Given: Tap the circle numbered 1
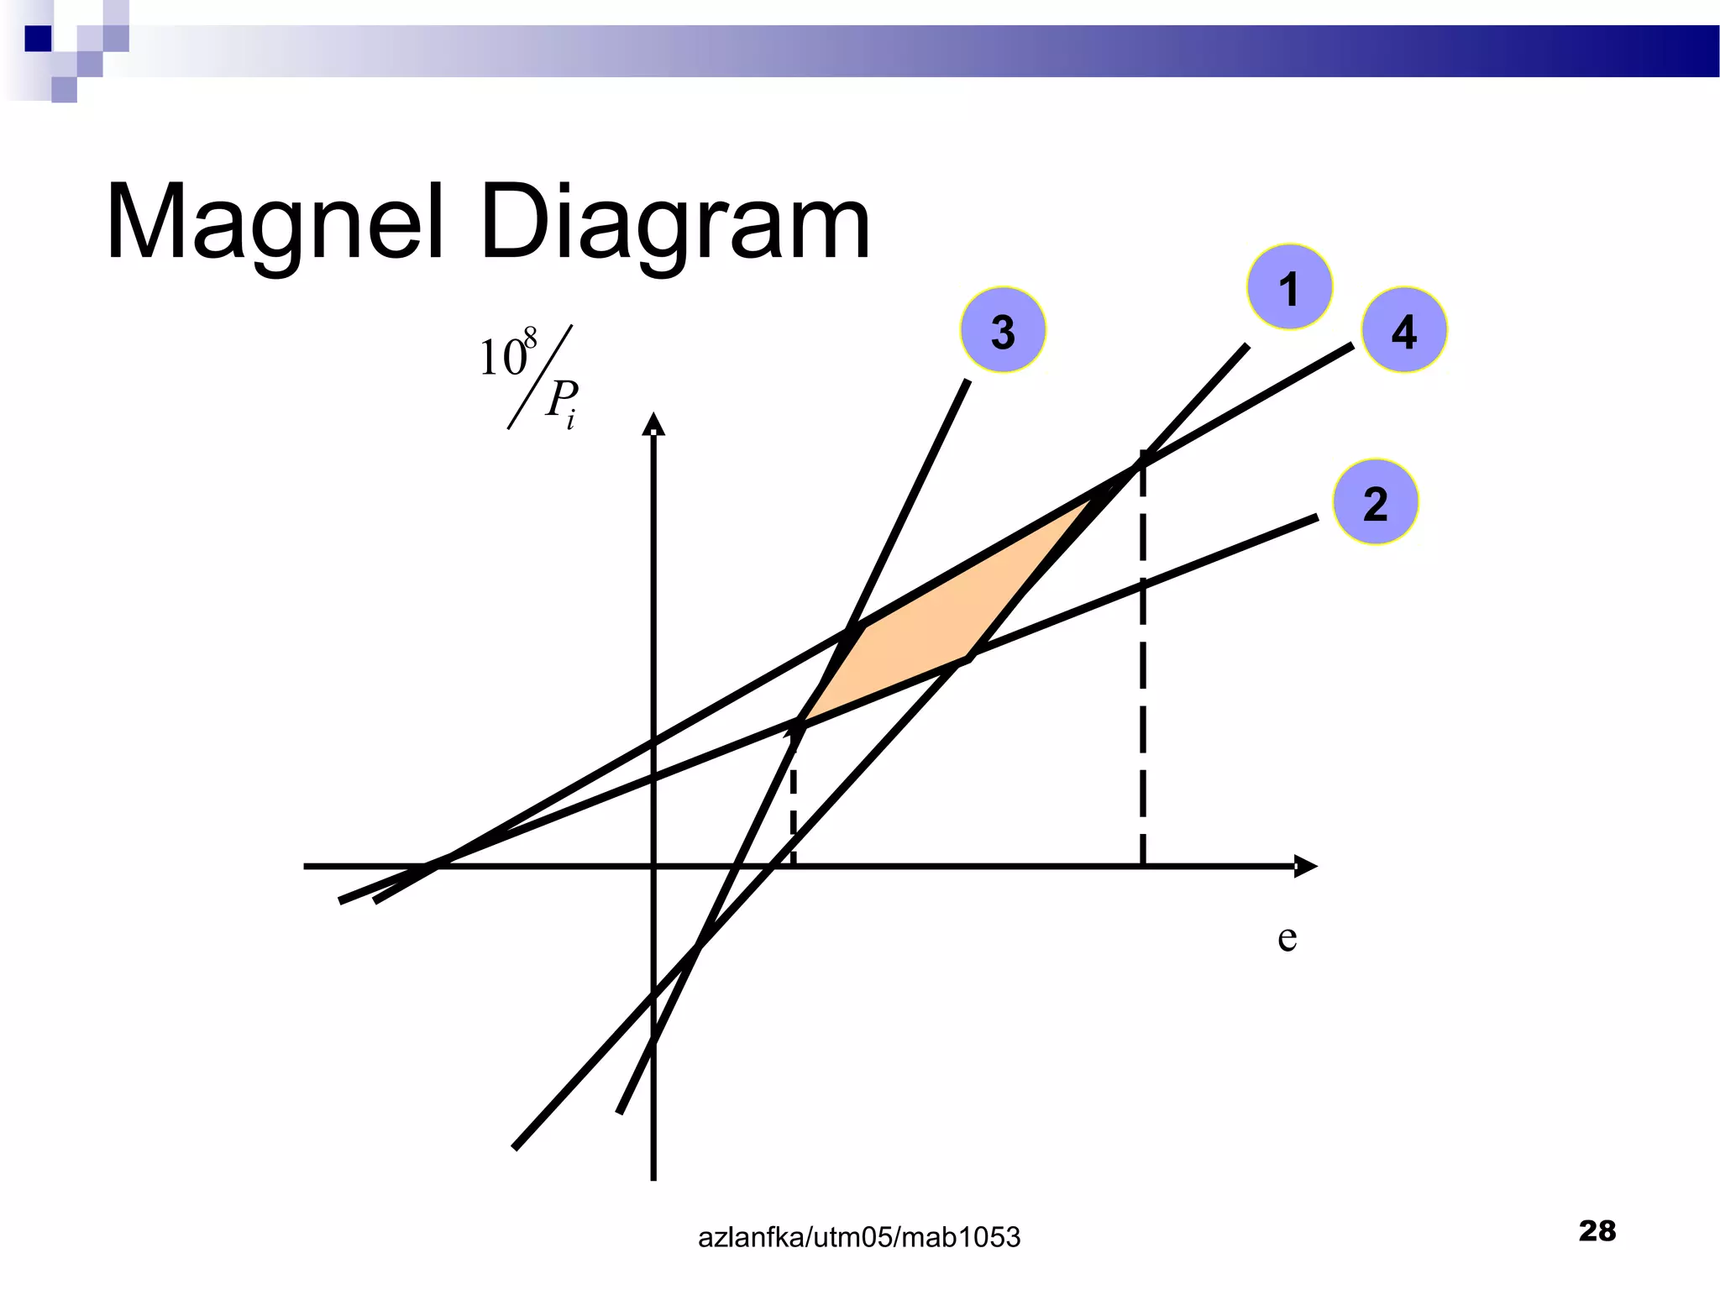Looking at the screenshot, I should click(1289, 287).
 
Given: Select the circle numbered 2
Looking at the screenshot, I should click(1375, 502).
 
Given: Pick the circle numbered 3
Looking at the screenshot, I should click(1003, 330).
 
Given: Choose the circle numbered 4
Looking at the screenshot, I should click(1403, 330).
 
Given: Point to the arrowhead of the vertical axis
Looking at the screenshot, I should click(653, 423).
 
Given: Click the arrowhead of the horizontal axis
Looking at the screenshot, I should click(1306, 866).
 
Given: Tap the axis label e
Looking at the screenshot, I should click(1287, 937).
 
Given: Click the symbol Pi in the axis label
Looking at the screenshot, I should click(562, 401).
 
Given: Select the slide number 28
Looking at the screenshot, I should click(1597, 1230).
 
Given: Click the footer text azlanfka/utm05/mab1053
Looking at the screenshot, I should click(859, 1237).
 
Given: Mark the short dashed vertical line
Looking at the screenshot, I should click(793, 806).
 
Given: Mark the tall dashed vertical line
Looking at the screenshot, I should click(1142, 672).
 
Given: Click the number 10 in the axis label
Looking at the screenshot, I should click(501, 359).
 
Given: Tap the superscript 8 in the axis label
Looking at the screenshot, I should click(530, 338).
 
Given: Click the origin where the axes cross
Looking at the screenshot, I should click(653, 866).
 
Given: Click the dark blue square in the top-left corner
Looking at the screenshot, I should click(38, 39).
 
